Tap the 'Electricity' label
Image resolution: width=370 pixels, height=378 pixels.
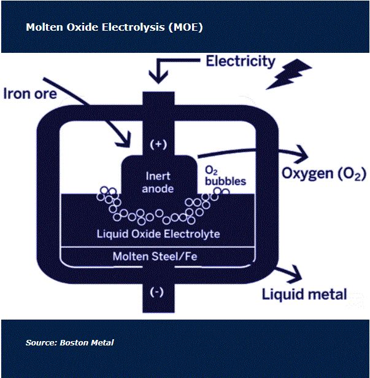click(241, 61)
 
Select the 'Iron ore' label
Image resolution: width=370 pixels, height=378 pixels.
click(30, 94)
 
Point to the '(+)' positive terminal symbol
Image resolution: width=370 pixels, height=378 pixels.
click(158, 144)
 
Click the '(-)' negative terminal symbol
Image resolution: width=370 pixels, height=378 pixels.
click(158, 292)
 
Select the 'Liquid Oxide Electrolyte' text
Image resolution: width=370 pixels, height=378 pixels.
click(158, 234)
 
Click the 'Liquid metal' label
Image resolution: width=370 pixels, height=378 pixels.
click(304, 294)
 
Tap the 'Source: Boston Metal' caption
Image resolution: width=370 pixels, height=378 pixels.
click(70, 342)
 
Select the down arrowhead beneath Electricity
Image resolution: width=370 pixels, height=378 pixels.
click(158, 76)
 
